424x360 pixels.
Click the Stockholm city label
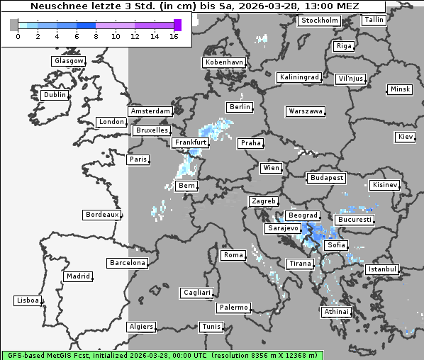tap(319, 21)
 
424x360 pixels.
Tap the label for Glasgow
tap(69, 61)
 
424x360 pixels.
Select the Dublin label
tap(54, 95)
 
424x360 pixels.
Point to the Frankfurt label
tap(190, 142)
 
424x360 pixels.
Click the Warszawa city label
tap(306, 111)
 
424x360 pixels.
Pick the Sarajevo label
tap(283, 229)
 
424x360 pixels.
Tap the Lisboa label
tap(28, 300)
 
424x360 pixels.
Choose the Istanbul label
tap(382, 269)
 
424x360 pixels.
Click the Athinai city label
tap(336, 312)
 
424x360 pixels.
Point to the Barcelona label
tap(127, 263)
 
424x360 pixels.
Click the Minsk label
tap(399, 89)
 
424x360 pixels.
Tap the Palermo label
tap(233, 308)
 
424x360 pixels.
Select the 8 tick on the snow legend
tap(96, 36)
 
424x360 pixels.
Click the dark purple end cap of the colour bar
tap(177, 25)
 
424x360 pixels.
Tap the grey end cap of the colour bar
tap(14, 25)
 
